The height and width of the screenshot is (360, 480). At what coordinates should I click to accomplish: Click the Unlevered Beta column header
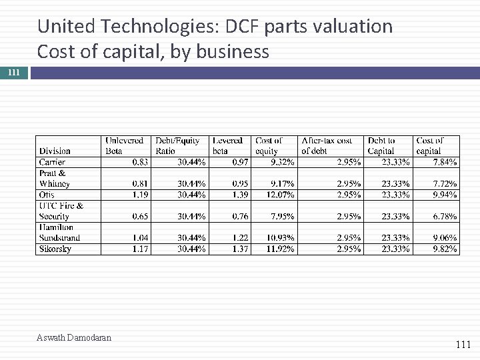pos(124,145)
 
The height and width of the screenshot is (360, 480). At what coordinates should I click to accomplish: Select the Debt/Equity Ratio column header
pos(177,145)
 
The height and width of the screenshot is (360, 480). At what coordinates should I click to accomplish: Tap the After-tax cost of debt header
pos(327,145)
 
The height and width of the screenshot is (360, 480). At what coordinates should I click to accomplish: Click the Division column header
pos(55,151)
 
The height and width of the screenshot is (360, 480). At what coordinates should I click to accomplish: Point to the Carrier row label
pos(52,162)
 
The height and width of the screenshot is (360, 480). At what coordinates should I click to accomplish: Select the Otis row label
pos(47,195)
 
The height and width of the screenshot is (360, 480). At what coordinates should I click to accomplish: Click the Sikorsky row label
pos(55,249)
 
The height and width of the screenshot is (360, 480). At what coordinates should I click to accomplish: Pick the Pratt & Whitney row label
pos(55,178)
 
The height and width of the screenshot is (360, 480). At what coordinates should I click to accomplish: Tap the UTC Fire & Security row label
pos(61,211)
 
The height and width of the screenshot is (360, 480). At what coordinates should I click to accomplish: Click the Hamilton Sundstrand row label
pos(59,232)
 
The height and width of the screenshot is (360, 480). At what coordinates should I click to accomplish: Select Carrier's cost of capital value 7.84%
pos(445,162)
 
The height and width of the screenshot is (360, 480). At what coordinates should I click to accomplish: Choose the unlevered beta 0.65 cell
pos(140,216)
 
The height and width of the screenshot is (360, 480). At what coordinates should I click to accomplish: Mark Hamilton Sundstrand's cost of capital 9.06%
pos(445,238)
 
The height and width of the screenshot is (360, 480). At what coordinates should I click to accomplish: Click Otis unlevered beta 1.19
pos(140,195)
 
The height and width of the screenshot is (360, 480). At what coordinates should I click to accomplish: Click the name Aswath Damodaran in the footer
pos(74,337)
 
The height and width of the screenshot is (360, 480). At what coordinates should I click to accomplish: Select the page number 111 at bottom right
pos(463,345)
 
